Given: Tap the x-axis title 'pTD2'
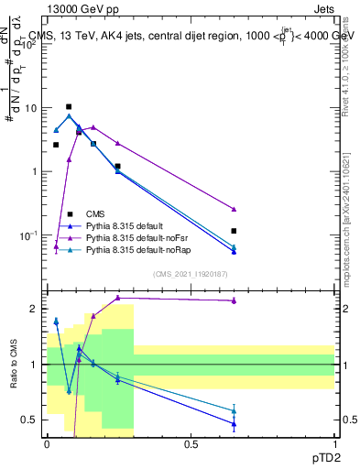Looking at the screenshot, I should pos(325,455).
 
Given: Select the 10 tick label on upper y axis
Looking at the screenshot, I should pos(30,108).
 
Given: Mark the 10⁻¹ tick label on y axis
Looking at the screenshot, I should pos(28,235).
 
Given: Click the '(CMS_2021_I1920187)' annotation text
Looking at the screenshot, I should pos(191,274).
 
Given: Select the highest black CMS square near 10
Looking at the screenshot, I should pos(69,107).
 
